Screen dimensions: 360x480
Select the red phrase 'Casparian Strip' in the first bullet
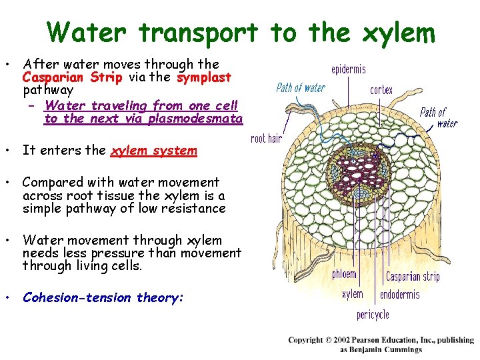73,77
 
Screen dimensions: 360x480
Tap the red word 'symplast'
204,77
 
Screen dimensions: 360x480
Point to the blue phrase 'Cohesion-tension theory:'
103,298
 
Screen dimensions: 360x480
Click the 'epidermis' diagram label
349,69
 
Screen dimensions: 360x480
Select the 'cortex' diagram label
381,90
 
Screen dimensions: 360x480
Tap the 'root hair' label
267,139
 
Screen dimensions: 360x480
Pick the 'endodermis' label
400,295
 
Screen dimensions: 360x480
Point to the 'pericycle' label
373,314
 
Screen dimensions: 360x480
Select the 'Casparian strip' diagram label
413,276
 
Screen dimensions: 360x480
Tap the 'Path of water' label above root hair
301,88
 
